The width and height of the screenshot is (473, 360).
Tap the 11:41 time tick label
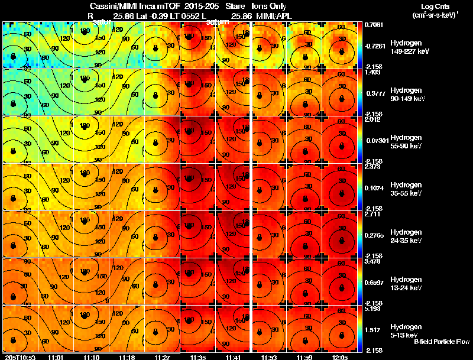click(234, 357)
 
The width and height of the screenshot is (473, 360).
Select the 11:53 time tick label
click(270, 357)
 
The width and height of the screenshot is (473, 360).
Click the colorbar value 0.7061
click(374, 25)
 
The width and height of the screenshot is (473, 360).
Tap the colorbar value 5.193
click(374, 309)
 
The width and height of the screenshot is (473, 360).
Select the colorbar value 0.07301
click(376, 140)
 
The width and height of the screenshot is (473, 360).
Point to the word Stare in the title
click(235, 7)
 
